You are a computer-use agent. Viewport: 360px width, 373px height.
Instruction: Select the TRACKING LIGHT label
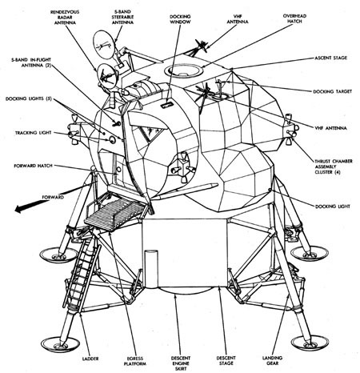pos(33,133)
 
